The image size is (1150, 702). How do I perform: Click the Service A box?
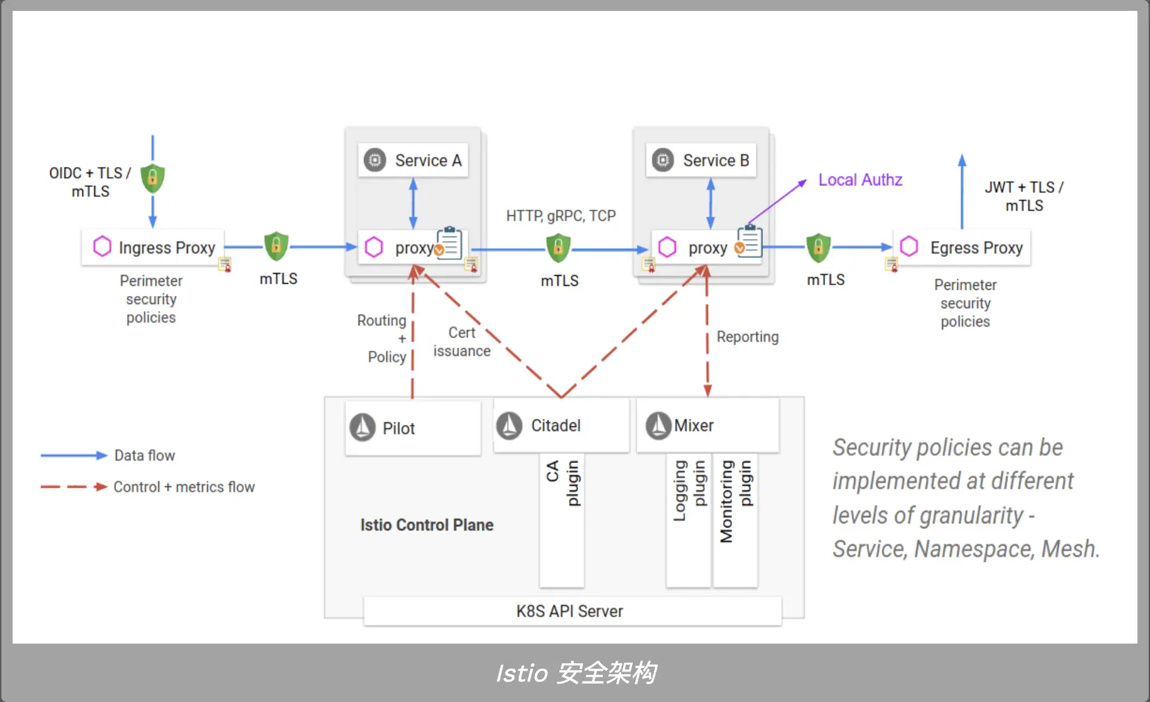tap(413, 160)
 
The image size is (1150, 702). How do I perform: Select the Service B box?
tap(701, 160)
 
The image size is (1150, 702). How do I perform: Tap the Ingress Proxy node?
tap(153, 247)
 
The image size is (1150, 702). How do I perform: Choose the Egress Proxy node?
tap(963, 248)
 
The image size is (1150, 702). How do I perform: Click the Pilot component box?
tap(413, 428)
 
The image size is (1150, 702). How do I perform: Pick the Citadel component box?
tap(561, 426)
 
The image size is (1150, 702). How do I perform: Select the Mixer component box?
tap(707, 426)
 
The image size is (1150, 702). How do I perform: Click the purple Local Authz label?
tap(860, 180)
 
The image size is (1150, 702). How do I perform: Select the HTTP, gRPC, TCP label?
tap(561, 216)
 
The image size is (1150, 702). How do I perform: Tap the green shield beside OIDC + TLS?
tap(153, 178)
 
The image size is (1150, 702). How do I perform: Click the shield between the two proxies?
tap(558, 248)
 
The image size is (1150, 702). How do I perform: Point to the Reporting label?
tap(747, 337)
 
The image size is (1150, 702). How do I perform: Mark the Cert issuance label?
tap(462, 341)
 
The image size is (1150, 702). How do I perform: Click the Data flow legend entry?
tap(145, 456)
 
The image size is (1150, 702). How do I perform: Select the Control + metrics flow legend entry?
tap(184, 487)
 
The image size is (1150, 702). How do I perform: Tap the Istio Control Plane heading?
tap(426, 525)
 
